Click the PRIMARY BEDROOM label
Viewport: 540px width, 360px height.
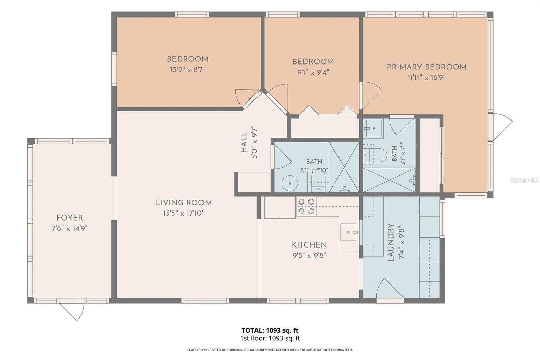click(x=427, y=67)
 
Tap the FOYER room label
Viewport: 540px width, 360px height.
click(x=70, y=218)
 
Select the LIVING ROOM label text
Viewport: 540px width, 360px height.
click(x=184, y=203)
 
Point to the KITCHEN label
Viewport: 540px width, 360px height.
click(x=309, y=245)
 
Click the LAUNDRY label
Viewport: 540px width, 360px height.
click(x=390, y=242)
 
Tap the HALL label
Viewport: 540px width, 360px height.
click(x=244, y=142)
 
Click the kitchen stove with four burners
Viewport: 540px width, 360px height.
click(x=306, y=207)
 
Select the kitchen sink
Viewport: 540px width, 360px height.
click(x=348, y=232)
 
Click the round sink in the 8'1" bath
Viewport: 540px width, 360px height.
click(x=290, y=184)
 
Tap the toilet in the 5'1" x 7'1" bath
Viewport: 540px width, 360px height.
click(x=375, y=155)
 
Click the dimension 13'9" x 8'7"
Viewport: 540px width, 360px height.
click(x=188, y=70)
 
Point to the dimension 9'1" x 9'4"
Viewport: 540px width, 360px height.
click(x=313, y=72)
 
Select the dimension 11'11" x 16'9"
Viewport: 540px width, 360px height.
click(x=427, y=78)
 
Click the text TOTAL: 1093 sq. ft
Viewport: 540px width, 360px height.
click(x=270, y=330)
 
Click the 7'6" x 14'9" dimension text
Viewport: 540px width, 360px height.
click(x=70, y=228)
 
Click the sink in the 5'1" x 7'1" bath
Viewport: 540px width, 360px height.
click(x=373, y=129)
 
